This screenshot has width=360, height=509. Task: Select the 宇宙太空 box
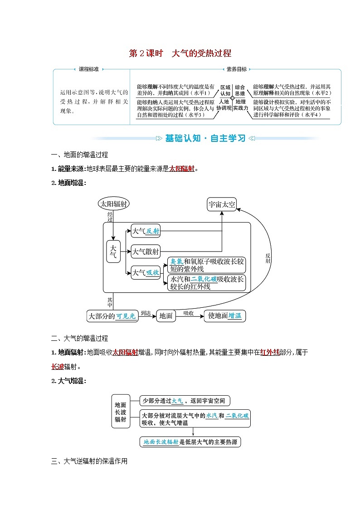click(x=222, y=204)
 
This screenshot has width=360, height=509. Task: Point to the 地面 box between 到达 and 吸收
click(x=166, y=316)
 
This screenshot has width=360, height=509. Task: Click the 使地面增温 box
click(x=224, y=316)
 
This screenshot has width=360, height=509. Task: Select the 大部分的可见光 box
click(x=112, y=316)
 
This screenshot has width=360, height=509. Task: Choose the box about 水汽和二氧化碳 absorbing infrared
click(x=206, y=283)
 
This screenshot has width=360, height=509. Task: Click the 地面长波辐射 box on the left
click(x=120, y=412)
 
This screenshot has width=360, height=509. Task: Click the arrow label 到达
click(x=145, y=313)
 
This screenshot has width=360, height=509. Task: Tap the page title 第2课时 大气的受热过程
click(x=180, y=53)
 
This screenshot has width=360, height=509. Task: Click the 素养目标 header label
click(x=236, y=69)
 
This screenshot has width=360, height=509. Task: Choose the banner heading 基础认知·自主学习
click(x=205, y=138)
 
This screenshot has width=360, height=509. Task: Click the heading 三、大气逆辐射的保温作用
click(x=89, y=461)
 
